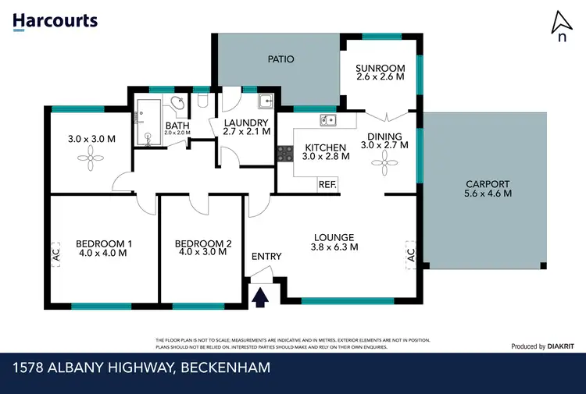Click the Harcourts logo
(x=55, y=20)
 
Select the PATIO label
(x=280, y=59)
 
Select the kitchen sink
(x=328, y=120)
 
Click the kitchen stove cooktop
(x=284, y=154)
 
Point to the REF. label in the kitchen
(x=327, y=185)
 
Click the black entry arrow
(x=259, y=296)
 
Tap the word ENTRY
(x=266, y=257)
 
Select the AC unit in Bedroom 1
(x=55, y=253)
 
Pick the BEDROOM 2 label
(x=203, y=243)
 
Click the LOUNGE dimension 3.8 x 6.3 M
(x=334, y=247)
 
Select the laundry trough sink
(x=265, y=101)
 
